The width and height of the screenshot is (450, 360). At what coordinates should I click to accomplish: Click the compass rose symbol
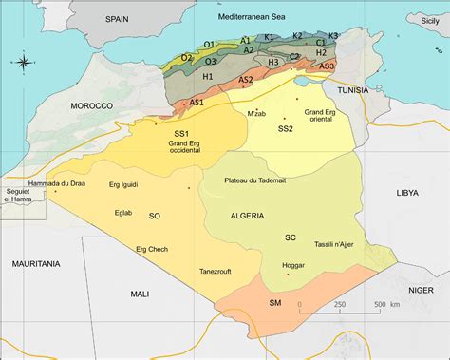click(23, 63)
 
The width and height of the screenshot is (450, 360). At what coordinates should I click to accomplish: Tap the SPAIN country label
click(117, 18)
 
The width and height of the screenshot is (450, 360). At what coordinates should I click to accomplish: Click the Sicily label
click(433, 18)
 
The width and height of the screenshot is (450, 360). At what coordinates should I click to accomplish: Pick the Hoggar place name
click(293, 265)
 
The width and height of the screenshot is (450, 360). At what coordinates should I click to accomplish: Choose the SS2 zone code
click(286, 128)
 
